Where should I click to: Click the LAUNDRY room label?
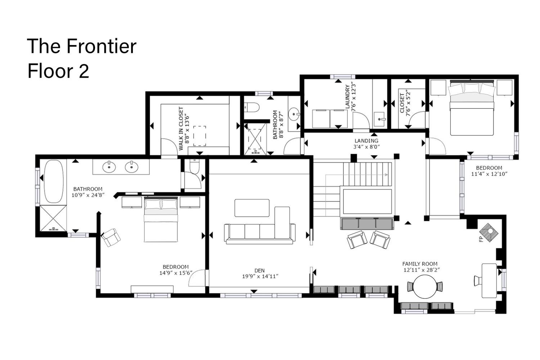click(x=347, y=97)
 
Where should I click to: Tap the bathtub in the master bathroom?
click(x=54, y=181)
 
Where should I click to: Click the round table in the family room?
click(x=425, y=287)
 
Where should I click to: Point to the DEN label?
click(x=260, y=271)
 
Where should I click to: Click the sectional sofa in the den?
click(x=260, y=226)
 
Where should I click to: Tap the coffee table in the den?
click(x=252, y=208)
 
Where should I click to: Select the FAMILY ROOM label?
click(x=420, y=264)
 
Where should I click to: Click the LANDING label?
click(x=366, y=140)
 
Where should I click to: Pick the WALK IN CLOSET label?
click(x=181, y=129)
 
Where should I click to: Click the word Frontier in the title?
click(x=102, y=46)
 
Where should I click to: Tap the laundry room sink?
click(x=380, y=120)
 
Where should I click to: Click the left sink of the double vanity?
click(x=109, y=167)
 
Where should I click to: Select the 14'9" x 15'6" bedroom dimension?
click(x=176, y=273)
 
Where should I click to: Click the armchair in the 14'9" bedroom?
click(x=111, y=238)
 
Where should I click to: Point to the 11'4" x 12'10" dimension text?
click(x=489, y=174)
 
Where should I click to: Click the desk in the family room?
click(x=489, y=281)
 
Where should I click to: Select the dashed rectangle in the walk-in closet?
click(x=199, y=136)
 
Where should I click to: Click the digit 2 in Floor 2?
click(x=84, y=71)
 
